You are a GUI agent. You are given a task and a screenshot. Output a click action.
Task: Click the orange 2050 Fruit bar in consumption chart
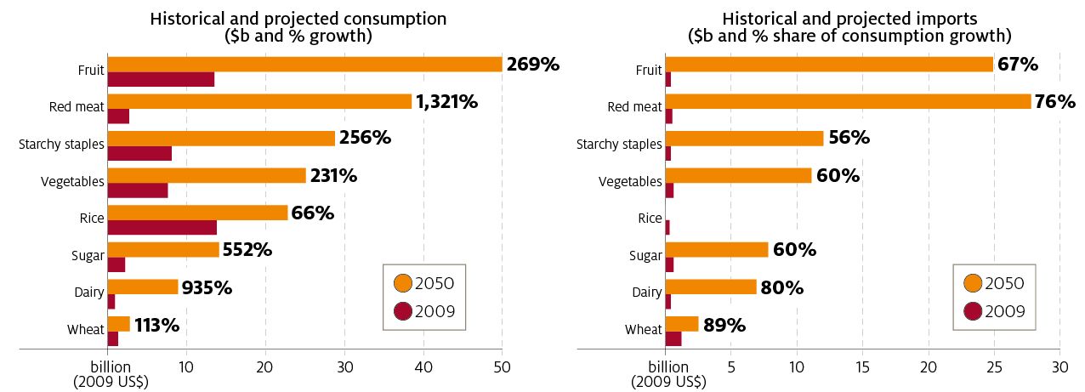pos(304,65)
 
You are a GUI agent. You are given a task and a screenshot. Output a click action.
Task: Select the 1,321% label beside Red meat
pos(446,102)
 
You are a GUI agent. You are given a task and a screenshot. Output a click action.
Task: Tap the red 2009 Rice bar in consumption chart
pos(162,227)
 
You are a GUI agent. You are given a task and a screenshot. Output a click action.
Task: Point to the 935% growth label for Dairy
pos(207,287)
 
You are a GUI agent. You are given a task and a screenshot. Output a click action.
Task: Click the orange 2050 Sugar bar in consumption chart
pos(163,250)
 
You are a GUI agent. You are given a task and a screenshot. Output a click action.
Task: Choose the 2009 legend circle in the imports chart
pos(974,312)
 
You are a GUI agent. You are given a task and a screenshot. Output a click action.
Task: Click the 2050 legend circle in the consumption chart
pos(404,283)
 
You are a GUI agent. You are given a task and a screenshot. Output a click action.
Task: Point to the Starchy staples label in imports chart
pos(619,144)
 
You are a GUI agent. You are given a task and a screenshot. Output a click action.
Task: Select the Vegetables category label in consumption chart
pos(72,181)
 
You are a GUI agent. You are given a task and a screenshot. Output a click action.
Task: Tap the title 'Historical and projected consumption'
pos(298,19)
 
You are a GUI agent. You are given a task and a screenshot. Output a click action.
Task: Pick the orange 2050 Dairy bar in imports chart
pos(710,287)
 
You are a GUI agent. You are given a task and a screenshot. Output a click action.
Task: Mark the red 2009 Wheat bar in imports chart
pos(673,339)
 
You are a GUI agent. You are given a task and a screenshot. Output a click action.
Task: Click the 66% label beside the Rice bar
pos(312,213)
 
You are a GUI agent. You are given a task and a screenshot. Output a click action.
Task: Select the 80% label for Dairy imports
pos(781,287)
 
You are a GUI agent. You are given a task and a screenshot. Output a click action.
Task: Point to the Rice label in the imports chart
pos(650,219)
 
